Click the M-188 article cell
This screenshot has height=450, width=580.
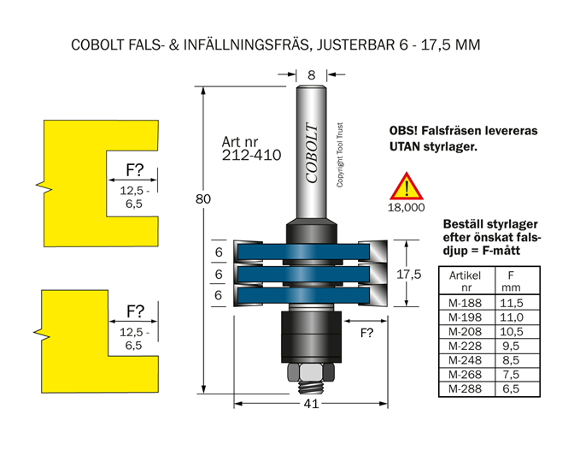coord(465,302)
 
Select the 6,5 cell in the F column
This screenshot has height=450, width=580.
coord(511,389)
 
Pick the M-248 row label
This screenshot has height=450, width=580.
coord(465,360)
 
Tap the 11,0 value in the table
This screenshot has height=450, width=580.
coord(511,317)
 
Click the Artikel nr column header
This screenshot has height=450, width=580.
coord(465,281)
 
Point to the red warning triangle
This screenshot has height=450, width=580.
coord(407,187)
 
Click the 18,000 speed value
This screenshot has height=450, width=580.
coord(407,207)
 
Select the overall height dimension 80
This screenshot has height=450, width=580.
coord(202,199)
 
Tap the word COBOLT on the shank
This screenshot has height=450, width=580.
coord(311,154)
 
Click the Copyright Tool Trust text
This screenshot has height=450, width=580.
coord(340,154)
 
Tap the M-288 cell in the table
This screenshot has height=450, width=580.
coord(465,389)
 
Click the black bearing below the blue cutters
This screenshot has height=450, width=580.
coord(310,335)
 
